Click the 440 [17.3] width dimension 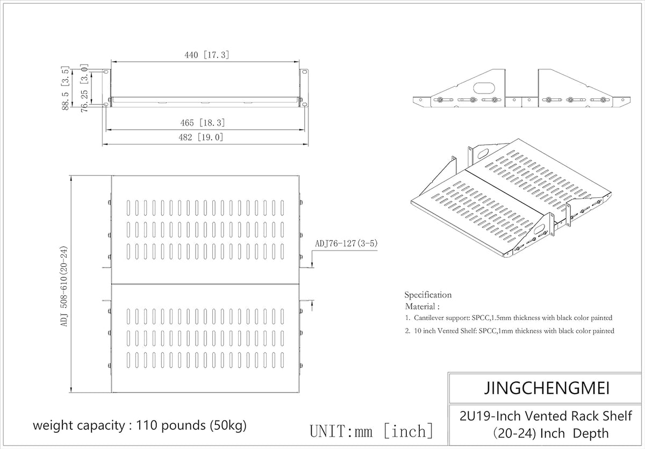click(207, 55)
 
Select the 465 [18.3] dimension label click(203, 123)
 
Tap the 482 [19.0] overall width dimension click(201, 137)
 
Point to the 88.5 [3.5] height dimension click(66, 88)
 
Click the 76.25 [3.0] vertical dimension click(84, 88)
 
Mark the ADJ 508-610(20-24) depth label click(63, 286)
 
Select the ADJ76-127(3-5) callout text click(346, 244)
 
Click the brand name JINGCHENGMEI click(547, 388)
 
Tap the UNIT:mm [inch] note click(371, 431)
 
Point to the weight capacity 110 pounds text click(140, 425)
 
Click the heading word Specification click(428, 295)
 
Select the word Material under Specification click(422, 307)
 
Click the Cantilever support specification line click(508, 318)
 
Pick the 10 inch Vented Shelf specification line click(510, 331)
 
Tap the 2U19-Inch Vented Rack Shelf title click(546, 416)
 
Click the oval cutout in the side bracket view click(484, 88)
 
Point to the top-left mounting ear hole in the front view click(106, 72)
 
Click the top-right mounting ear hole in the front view click(304, 72)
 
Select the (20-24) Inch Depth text click(550, 433)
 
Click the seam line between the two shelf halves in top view click(205, 284)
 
